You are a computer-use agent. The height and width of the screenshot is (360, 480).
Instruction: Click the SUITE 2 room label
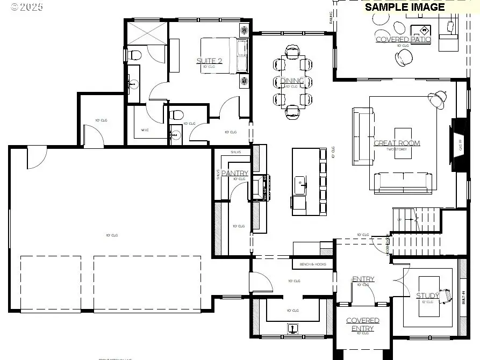point(209,61)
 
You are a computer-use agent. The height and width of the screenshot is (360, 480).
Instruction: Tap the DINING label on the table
point(292,81)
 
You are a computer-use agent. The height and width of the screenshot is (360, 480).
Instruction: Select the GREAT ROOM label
point(397,143)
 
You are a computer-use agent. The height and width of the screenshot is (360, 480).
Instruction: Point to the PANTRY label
point(234,173)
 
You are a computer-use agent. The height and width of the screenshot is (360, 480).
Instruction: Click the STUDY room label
point(428,296)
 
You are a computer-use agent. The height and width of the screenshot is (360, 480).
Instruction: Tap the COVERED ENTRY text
point(362,325)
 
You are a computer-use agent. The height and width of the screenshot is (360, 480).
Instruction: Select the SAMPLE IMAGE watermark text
point(405,7)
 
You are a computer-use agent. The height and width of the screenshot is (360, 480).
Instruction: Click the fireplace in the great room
point(458,144)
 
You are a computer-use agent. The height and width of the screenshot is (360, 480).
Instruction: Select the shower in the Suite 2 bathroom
point(147,33)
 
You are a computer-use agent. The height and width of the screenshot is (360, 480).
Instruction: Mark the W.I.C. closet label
point(145,130)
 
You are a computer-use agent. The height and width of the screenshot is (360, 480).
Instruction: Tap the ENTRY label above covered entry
point(363,279)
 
